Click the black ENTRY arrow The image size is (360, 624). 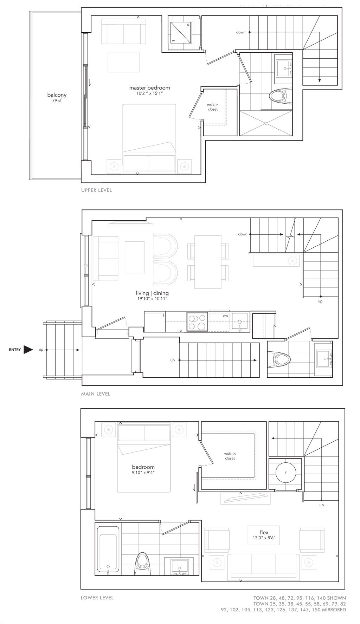coord(28,350)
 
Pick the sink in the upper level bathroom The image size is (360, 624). coord(284,68)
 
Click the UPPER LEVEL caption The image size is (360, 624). coord(96,190)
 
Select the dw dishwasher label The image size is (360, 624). coord(225,316)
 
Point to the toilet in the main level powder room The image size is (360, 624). coord(279,359)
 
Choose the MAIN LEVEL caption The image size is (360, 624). coord(96,394)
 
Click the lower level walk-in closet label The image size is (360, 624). coord(230,456)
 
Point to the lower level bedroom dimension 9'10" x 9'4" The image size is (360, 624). coord(143,473)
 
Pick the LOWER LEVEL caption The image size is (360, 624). coord(97,598)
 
